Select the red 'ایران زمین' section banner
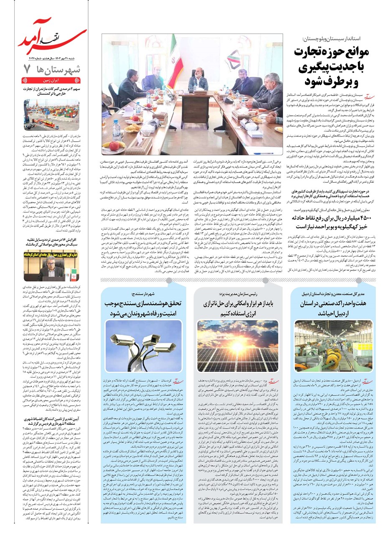(x=52, y=81)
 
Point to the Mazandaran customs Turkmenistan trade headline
(x=52, y=92)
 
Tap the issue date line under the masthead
(x=52, y=58)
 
